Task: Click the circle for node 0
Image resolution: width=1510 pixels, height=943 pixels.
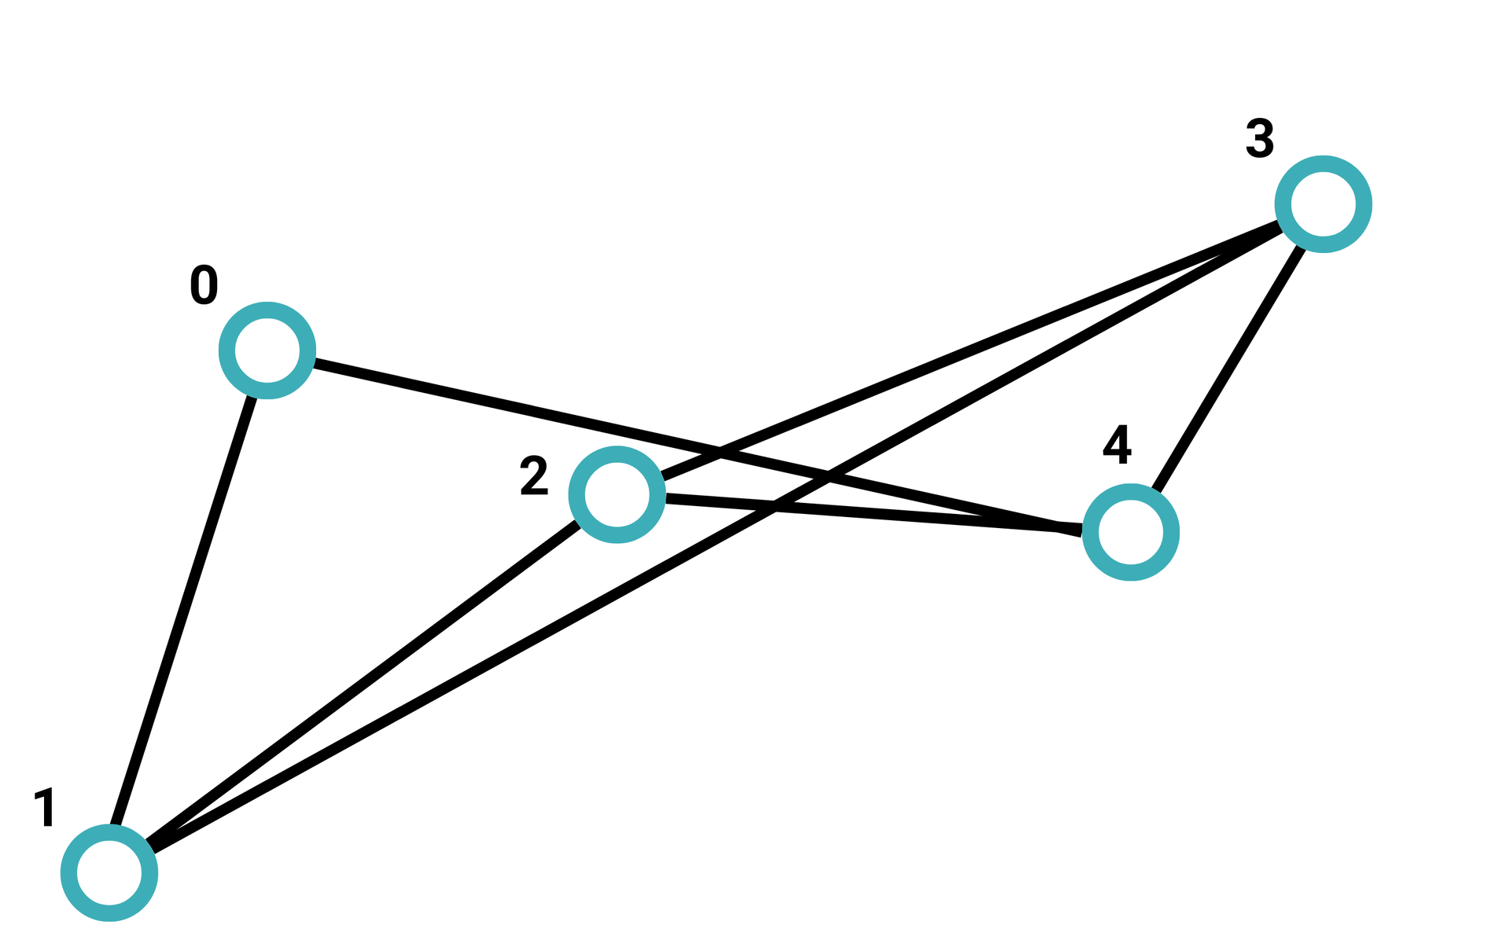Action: click(x=267, y=350)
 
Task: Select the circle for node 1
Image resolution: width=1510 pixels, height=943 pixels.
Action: click(x=109, y=873)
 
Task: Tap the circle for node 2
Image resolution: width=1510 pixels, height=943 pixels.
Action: click(x=617, y=494)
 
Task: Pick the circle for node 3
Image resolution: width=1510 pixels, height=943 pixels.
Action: click(x=1324, y=204)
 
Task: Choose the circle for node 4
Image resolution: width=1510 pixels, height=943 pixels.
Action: click(x=1130, y=532)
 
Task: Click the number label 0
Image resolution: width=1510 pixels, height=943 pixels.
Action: click(x=204, y=285)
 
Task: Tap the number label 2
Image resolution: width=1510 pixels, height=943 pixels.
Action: click(x=534, y=477)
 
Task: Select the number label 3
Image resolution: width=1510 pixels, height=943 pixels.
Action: click(x=1260, y=139)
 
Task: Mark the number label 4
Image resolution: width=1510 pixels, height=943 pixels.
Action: click(x=1117, y=445)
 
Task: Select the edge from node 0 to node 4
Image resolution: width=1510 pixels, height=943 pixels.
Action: click(x=551, y=415)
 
